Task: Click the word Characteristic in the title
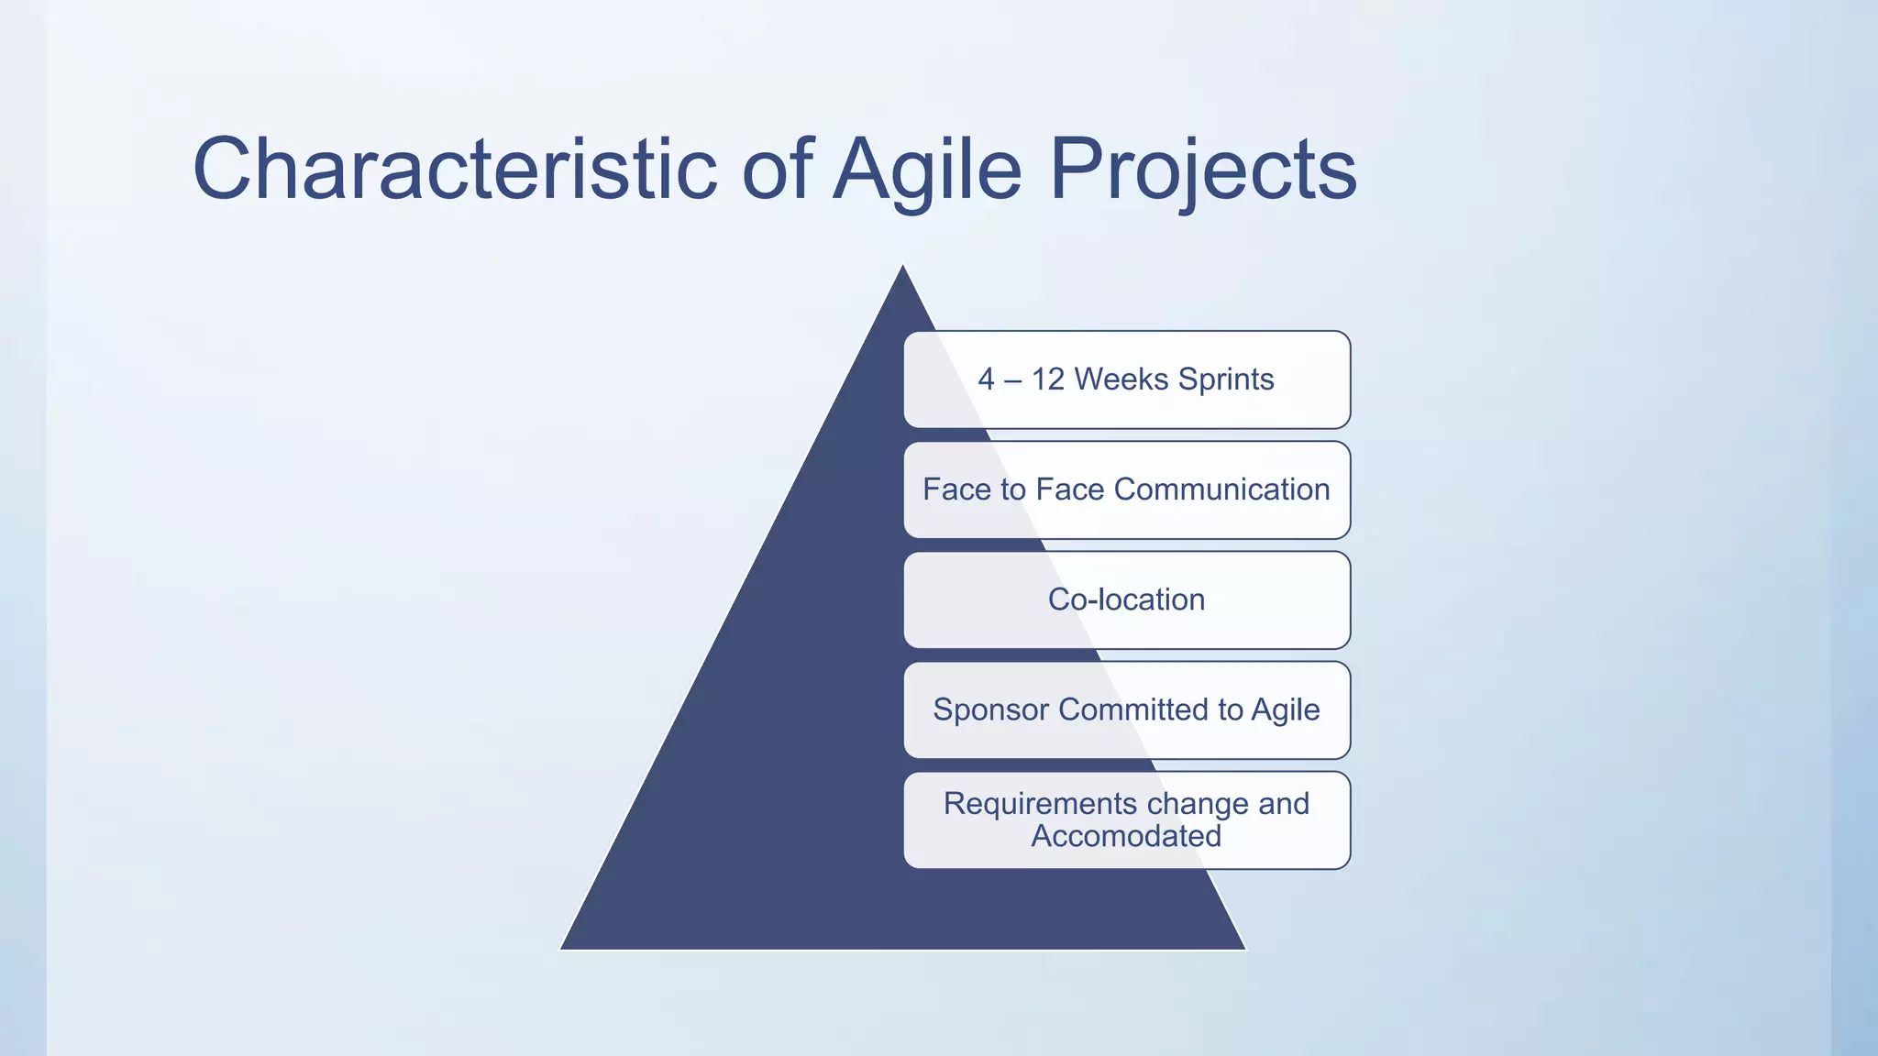point(454,170)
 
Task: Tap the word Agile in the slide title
point(926,170)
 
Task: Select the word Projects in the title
point(1202,170)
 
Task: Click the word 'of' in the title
point(776,170)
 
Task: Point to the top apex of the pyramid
point(903,268)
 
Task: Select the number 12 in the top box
point(1047,379)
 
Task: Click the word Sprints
point(1225,379)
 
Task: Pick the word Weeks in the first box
point(1121,379)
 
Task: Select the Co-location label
point(1126,599)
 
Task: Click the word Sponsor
point(991,709)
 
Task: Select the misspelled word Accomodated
point(1126,836)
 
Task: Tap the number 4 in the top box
point(986,379)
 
